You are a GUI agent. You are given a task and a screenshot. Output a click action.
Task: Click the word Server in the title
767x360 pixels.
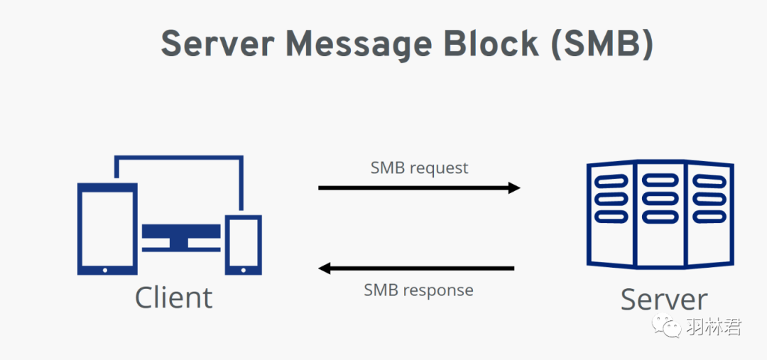point(216,45)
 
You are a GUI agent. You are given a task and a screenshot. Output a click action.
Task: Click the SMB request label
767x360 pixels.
point(419,168)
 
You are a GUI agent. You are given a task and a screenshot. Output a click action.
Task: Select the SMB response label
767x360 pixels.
point(418,290)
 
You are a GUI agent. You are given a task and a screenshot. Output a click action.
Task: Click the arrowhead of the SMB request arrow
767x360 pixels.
point(513,188)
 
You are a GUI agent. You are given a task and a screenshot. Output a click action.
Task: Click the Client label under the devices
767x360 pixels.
point(173,298)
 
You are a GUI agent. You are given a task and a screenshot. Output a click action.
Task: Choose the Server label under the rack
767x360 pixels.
point(664,299)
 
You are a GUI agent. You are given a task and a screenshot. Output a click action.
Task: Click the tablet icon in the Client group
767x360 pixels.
point(107,229)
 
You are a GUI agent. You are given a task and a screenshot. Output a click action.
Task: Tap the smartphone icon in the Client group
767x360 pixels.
point(243,244)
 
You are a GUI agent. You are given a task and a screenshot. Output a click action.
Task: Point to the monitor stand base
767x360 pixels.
point(182,247)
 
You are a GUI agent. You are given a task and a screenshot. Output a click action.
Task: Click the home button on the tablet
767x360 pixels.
point(107,269)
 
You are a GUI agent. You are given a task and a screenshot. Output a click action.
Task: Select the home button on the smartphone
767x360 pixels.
point(243,269)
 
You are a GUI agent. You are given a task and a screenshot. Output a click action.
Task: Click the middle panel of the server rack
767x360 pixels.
point(660,213)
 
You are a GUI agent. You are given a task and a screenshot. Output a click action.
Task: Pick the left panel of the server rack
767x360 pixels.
point(611,213)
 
